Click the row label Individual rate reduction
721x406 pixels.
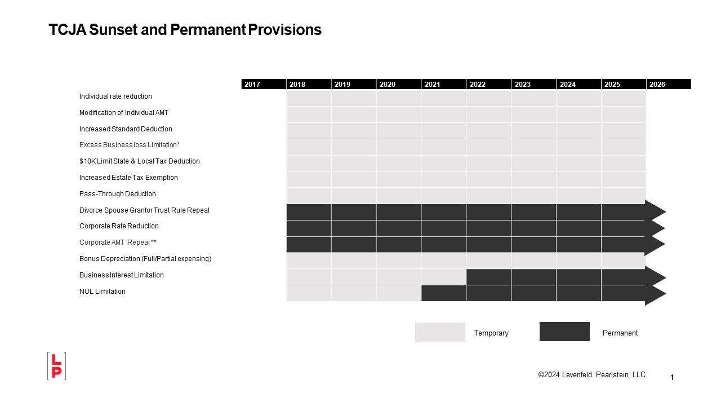[115, 96]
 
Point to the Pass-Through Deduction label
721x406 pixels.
[117, 194]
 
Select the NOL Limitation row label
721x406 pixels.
[102, 292]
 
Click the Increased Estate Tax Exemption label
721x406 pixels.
[128, 178]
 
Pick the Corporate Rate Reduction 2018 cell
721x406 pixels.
[309, 228]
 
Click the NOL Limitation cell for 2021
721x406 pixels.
[443, 293]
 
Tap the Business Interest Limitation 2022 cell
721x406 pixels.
[488, 277]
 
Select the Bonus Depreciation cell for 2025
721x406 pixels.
[623, 261]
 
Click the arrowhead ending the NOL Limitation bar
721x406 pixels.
[655, 294]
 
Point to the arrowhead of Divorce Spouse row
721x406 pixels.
[655, 212]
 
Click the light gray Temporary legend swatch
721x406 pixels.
[440, 332]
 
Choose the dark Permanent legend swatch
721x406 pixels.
[564, 332]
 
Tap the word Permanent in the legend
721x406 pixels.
[620, 333]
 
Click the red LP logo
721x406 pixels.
[56, 366]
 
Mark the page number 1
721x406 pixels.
[672, 378]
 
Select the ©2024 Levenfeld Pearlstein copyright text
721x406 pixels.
[591, 375]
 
